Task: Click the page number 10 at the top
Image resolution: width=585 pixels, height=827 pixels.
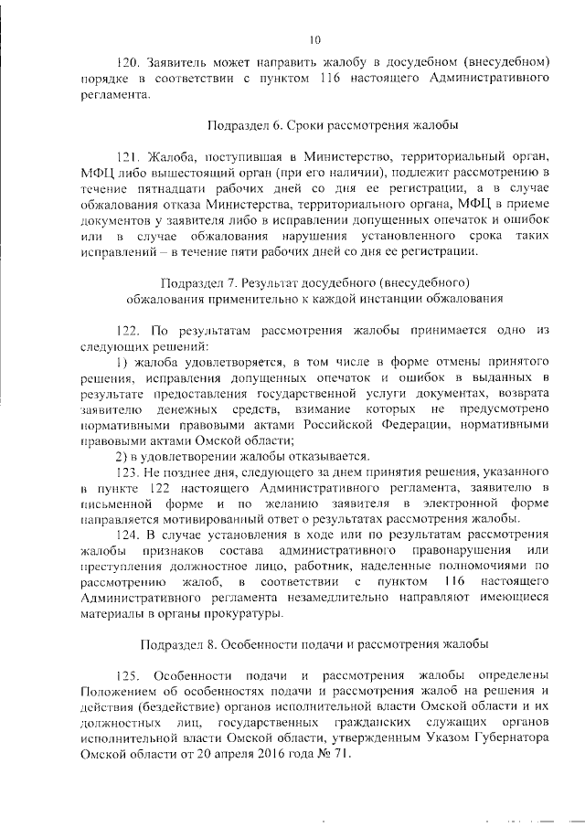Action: coord(314,38)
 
